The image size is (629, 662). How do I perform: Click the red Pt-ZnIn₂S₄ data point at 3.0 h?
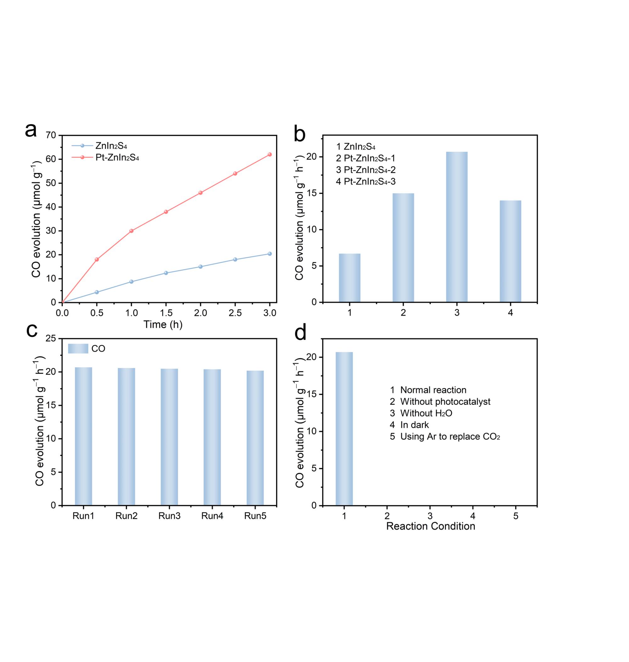tap(270, 154)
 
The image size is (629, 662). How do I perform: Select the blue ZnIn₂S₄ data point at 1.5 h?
tap(166, 273)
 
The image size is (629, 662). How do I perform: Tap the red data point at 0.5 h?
tap(97, 259)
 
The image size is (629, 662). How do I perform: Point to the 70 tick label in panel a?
tap(51, 136)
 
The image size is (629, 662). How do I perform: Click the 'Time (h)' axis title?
tap(163, 325)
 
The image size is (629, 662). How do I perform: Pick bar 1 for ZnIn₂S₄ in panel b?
tap(349, 278)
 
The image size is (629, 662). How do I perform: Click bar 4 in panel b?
tap(510, 251)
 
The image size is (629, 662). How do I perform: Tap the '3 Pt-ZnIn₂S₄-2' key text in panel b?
tap(366, 170)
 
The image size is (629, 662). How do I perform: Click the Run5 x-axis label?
tap(255, 516)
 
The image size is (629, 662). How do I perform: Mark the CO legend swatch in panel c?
tap(78, 348)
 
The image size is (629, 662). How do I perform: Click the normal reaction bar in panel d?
tap(344, 429)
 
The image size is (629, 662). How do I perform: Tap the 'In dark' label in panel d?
tap(415, 425)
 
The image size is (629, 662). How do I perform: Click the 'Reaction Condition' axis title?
tap(431, 526)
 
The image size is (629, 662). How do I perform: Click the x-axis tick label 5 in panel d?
tap(516, 516)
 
